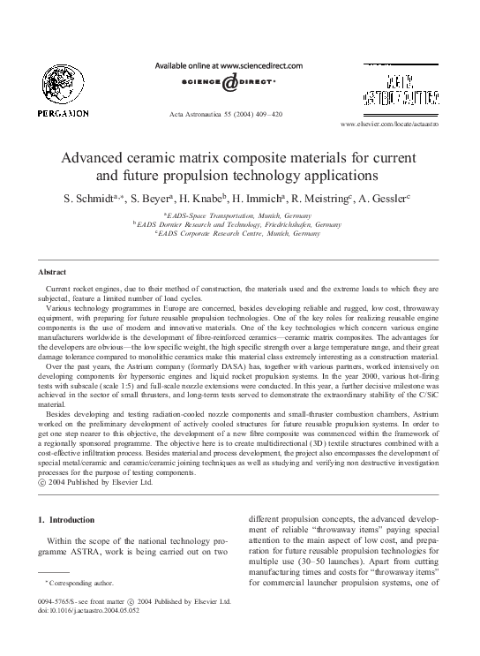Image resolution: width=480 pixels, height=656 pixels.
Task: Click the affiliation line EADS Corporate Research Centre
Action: pos(238,233)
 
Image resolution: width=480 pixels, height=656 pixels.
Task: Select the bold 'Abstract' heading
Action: pos(53,273)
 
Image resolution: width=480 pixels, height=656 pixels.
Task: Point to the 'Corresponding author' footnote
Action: pos(78,583)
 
